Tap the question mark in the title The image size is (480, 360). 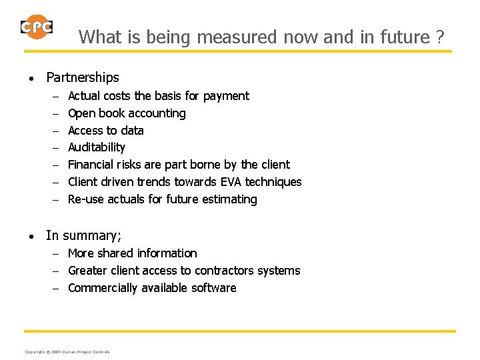pyautogui.click(x=439, y=37)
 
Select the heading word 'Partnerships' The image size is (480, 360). pyautogui.click(x=83, y=77)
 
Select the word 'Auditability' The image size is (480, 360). pyautogui.click(x=97, y=147)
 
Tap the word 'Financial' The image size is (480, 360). pyautogui.click(x=91, y=165)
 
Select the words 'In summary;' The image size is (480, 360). pyautogui.click(x=83, y=235)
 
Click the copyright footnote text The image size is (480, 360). pyautogui.click(x=67, y=351)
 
